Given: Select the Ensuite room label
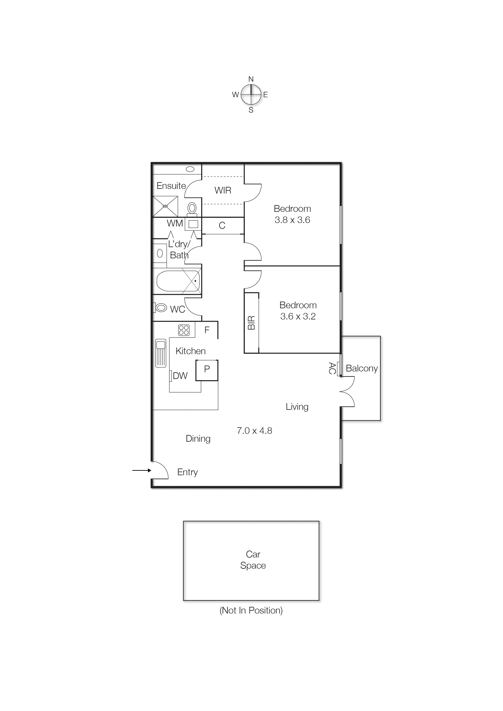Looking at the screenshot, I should point(171,186).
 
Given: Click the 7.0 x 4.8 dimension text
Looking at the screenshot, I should point(254,431).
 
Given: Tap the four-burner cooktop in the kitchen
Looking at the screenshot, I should point(184,330).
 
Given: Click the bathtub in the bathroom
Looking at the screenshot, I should point(178,281).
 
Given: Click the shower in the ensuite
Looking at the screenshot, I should point(165,206).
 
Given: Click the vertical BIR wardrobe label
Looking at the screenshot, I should point(251,322).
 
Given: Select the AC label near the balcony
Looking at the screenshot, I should point(332,368).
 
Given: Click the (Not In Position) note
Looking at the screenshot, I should point(251,610).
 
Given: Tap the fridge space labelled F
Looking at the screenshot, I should point(207,330).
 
